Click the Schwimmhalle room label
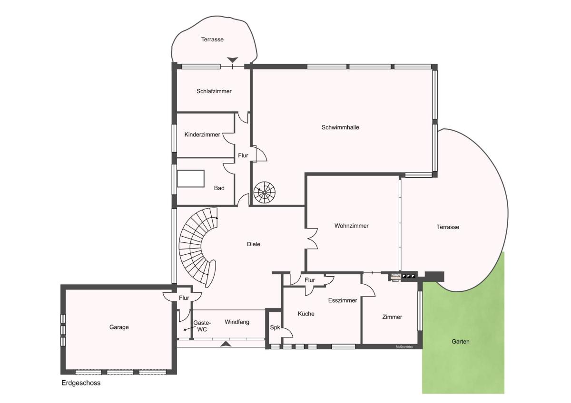pos(340,127)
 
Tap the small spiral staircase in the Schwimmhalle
pos(265,192)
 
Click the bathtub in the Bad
pos(191,179)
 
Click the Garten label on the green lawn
pos(461,341)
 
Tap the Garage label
pos(119,327)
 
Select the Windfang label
pos(237,322)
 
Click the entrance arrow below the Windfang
pos(226,344)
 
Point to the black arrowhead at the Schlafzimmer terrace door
pos(233,60)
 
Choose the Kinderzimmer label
pos(202,134)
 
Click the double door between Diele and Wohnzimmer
pos(312,239)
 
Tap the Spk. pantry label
pos(276,327)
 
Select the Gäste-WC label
pos(202,326)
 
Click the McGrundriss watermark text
pos(404,347)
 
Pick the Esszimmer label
pos(342,300)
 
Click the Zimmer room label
pos(392,317)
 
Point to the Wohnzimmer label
pos(351,226)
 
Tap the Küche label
pos(306,314)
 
